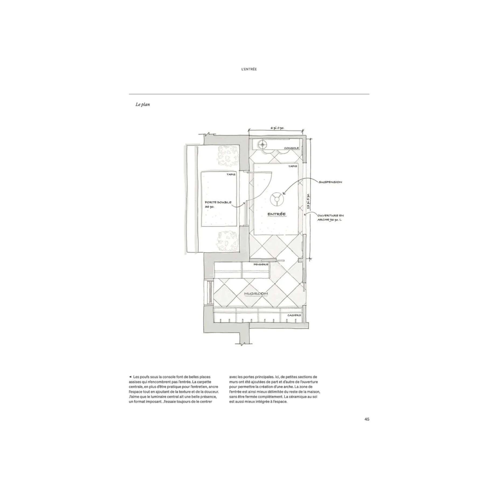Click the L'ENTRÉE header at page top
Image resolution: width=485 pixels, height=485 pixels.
249,69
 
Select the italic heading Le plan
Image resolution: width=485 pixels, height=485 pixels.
143,105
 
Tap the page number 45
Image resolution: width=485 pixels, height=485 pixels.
367,419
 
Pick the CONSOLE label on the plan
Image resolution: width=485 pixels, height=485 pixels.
292,148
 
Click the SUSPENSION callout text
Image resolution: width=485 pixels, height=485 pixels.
330,182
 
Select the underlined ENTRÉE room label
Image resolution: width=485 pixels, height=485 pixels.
276,214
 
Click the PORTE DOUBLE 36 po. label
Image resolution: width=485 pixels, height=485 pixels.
218,205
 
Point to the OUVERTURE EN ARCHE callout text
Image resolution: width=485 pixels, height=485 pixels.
331,218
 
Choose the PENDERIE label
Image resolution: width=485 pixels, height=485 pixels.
261,265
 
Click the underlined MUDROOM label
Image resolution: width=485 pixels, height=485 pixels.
256,294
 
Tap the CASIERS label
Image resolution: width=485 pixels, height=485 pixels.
294,315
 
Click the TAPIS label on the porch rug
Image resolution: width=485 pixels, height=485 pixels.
231,175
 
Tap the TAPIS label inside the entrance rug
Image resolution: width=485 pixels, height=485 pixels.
293,166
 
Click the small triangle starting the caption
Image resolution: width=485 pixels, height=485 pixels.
130,377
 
